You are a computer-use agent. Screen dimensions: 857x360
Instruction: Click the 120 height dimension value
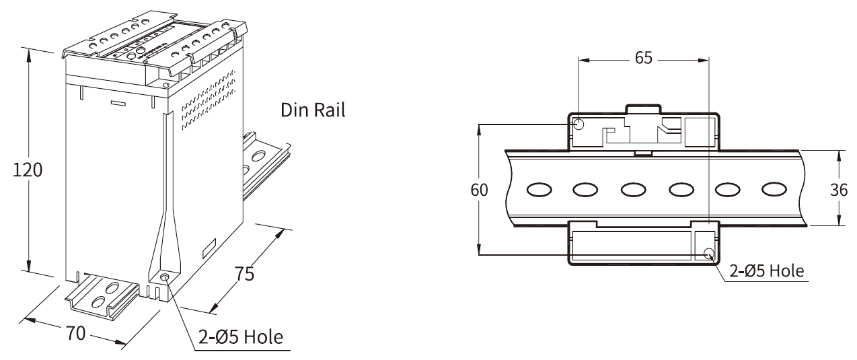tap(28, 170)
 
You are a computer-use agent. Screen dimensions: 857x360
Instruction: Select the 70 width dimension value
tap(76, 333)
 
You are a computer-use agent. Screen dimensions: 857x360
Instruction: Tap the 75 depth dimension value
tap(244, 274)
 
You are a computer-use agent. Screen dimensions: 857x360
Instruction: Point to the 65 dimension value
tap(644, 58)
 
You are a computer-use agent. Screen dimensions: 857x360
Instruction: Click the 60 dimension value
tap(480, 190)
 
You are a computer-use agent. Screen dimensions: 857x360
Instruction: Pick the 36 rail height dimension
tap(839, 190)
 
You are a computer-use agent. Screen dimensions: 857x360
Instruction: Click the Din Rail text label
tap(313, 110)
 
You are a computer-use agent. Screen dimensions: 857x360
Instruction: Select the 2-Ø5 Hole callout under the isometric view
tap(241, 337)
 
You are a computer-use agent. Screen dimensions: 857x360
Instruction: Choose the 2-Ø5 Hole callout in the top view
tap(767, 271)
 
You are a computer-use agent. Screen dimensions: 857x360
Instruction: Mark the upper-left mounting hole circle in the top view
tap(579, 124)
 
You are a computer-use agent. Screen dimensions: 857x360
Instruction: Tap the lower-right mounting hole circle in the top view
tap(709, 253)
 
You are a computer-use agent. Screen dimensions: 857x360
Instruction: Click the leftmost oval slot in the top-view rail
tap(539, 189)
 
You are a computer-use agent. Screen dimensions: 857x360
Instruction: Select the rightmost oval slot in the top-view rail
tap(774, 189)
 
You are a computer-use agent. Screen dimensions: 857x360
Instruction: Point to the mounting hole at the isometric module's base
tap(165, 277)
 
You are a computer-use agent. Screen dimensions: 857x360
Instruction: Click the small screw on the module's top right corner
tap(165, 85)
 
